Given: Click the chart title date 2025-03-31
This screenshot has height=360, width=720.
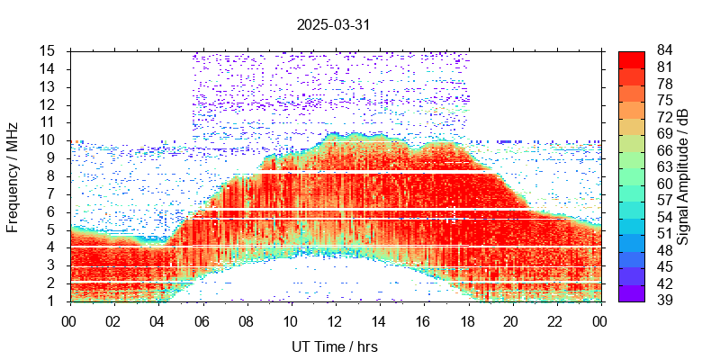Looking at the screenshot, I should coord(333,25).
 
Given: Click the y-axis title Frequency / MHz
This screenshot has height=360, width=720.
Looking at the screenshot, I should coord(13,176).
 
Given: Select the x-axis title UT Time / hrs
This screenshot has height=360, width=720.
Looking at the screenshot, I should coord(334,346).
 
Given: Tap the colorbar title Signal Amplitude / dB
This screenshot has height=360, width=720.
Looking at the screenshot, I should coord(683,176).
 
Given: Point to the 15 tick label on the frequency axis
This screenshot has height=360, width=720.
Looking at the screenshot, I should coord(49,50).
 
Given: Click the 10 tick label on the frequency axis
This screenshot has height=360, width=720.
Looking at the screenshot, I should coord(49,139).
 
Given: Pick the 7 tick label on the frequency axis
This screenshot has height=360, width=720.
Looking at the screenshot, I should coord(53,193).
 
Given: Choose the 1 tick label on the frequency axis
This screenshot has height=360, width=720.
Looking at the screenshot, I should coord(53,301).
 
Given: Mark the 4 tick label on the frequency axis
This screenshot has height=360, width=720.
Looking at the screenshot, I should coord(53,247).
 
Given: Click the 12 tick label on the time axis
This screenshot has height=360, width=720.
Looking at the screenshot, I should coord(335,321).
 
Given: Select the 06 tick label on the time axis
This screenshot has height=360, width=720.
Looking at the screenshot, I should coord(202,321).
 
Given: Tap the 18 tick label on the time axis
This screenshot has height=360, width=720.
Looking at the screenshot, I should coord(467,321).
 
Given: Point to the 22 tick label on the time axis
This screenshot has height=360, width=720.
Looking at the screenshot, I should coord(555,321).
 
